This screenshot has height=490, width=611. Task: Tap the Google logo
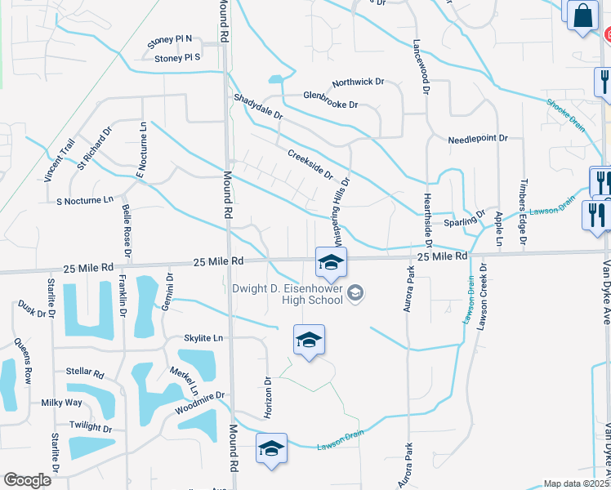tap(27, 480)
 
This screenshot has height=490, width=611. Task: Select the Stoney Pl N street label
tap(169, 38)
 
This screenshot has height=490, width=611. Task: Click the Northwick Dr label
tap(358, 82)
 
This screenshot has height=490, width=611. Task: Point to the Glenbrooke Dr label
tap(331, 105)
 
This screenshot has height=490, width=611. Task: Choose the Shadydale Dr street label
tap(258, 107)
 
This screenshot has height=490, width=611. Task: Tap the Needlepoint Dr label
tap(478, 140)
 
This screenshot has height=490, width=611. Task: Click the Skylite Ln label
tap(204, 338)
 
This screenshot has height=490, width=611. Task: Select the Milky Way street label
tap(62, 403)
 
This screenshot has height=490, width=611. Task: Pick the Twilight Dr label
tap(90, 427)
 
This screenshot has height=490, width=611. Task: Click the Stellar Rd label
tap(87, 375)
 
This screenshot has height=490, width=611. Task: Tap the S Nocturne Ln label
tap(85, 201)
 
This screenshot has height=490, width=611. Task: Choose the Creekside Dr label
tap(310, 163)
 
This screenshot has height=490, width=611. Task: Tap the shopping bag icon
tap(582, 15)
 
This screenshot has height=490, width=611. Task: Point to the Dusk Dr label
tap(32, 309)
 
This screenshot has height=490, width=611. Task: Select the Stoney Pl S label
tap(177, 57)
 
